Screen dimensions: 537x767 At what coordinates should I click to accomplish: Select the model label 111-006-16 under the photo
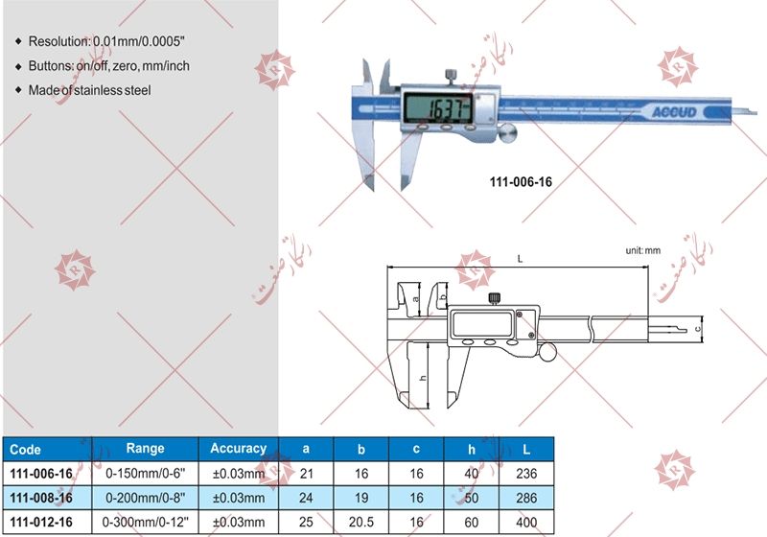[514, 179]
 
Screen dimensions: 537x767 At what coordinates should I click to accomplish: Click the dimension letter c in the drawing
[699, 328]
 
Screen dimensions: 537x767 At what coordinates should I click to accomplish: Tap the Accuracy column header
[238, 449]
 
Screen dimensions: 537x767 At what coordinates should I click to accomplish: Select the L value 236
[526, 474]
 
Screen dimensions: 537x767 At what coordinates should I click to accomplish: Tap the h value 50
[472, 498]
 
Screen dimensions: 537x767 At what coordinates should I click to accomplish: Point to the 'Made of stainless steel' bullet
[89, 90]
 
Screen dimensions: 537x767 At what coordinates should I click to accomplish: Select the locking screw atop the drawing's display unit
[496, 297]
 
